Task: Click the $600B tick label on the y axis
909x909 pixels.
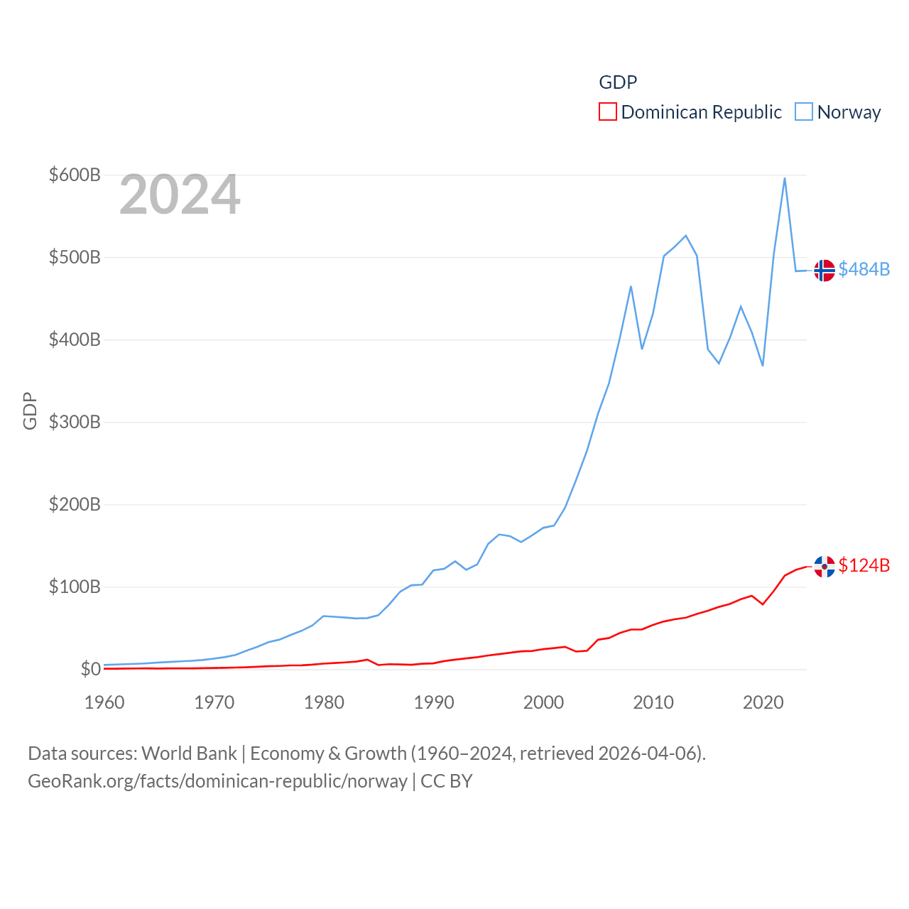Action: click(75, 175)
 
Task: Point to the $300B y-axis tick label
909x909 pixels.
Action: click(75, 422)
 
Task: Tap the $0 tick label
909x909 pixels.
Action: click(90, 669)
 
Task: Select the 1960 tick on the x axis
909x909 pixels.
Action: click(104, 702)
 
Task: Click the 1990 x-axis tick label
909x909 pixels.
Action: click(434, 702)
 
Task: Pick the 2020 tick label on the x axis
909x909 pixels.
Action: click(763, 702)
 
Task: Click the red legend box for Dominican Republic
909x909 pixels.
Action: click(608, 112)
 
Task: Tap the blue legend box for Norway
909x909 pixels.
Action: click(804, 112)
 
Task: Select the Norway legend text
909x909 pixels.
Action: click(849, 112)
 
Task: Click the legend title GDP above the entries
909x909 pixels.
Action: click(618, 82)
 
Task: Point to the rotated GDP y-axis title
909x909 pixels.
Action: click(30, 410)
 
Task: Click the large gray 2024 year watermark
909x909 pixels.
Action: click(180, 195)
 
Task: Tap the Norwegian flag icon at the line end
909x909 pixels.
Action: click(824, 271)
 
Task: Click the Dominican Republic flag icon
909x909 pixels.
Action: click(824, 567)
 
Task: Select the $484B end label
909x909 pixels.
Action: click(864, 269)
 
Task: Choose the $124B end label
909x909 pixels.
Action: click(864, 565)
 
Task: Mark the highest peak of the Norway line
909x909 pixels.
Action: click(785, 178)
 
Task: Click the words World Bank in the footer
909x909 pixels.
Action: click(190, 753)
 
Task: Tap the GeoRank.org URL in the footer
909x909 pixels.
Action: click(217, 781)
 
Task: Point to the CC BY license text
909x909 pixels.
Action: click(447, 781)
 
